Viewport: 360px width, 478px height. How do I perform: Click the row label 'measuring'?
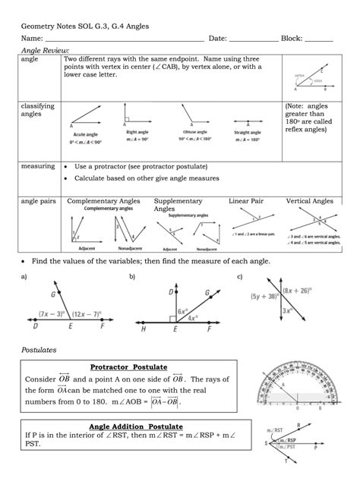(x=38, y=165)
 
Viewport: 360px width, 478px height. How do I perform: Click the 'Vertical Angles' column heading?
(x=309, y=201)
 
